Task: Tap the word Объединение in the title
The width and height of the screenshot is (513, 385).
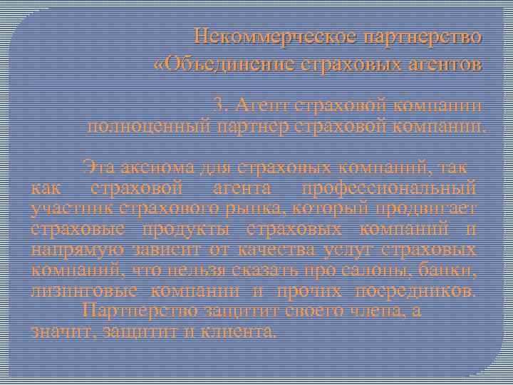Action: (228, 65)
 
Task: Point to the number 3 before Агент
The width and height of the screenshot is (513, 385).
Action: (221, 106)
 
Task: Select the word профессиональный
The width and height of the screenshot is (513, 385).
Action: (388, 189)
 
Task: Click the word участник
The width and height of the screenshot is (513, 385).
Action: (68, 209)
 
